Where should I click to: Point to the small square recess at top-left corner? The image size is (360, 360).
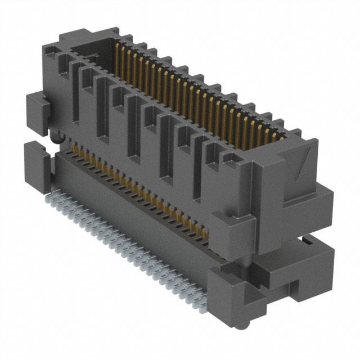[x=79, y=53]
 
